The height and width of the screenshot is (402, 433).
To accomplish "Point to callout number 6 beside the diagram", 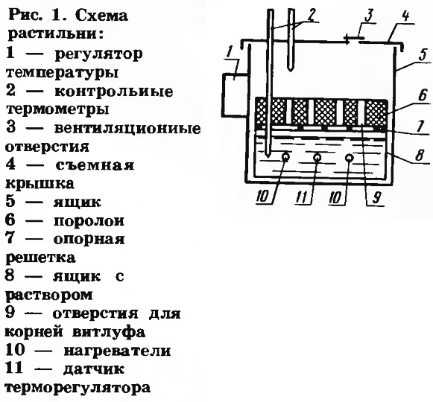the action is tap(423, 95).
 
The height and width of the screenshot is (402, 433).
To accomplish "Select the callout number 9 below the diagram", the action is tap(377, 197).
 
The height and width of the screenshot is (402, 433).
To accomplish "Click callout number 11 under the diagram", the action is tap(303, 197).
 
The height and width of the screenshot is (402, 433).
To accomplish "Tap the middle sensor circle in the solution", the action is tap(317, 157).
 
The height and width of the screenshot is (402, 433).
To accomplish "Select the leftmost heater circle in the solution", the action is tap(285, 157).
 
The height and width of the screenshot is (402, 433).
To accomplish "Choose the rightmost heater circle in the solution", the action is tap(350, 158).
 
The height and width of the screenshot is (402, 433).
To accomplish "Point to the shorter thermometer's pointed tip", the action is tap(291, 71).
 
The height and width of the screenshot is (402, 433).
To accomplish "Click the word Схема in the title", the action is tap(101, 16).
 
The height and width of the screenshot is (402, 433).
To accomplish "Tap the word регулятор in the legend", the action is tap(99, 54).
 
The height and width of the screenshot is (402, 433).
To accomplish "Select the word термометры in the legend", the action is tap(57, 109).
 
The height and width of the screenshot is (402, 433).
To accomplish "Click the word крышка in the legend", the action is tap(39, 183).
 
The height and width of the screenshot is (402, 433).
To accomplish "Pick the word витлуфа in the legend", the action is tap(108, 331).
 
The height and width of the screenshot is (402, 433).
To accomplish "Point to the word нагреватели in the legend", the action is tap(117, 351).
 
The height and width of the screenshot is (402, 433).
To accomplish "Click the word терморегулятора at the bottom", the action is tap(78, 389).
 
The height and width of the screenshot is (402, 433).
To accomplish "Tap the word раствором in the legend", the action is tap(49, 296).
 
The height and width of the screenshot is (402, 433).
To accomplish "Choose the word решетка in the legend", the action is tap(40, 258).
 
